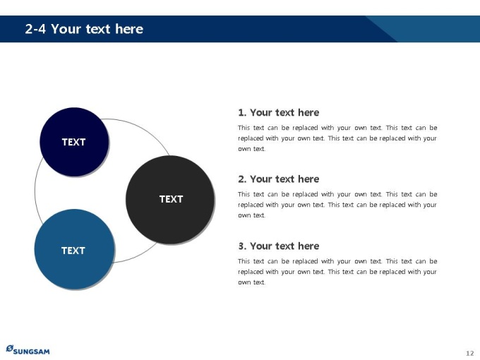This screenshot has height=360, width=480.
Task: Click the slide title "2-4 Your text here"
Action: pyautogui.click(x=84, y=29)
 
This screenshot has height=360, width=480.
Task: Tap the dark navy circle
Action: pyautogui.click(x=74, y=142)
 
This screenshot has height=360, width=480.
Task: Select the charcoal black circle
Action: pyautogui.click(x=170, y=200)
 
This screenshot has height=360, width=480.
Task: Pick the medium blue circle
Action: pyautogui.click(x=74, y=249)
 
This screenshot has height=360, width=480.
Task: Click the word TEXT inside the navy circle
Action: pyautogui.click(x=74, y=142)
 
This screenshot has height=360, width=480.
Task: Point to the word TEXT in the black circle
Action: pyautogui.click(x=171, y=199)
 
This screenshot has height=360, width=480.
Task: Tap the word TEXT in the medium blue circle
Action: pyautogui.click(x=73, y=251)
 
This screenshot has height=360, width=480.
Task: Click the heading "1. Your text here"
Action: pyautogui.click(x=279, y=112)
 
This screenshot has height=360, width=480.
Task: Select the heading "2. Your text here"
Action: pyautogui.click(x=279, y=179)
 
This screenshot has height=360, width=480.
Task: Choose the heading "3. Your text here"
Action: pyautogui.click(x=279, y=246)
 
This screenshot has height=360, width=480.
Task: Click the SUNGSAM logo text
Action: pyautogui.click(x=31, y=351)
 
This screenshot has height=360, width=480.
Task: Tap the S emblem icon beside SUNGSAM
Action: pyautogui.click(x=10, y=349)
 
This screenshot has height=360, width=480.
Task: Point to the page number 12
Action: pyautogui.click(x=470, y=353)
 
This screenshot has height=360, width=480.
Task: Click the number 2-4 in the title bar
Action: pyautogui.click(x=35, y=29)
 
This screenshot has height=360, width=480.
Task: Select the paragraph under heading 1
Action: pyautogui.click(x=337, y=138)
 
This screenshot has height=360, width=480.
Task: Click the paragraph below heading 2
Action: pyautogui.click(x=337, y=205)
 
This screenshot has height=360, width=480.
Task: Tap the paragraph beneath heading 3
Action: pyautogui.click(x=337, y=272)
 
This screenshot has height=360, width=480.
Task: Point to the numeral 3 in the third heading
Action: pyautogui.click(x=242, y=246)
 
